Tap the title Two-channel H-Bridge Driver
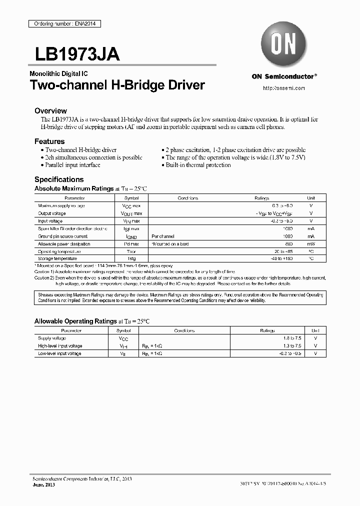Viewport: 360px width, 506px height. coord(117,85)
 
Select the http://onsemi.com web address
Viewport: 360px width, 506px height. coord(283,88)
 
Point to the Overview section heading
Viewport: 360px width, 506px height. coord(50,110)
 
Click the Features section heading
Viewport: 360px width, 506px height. coord(49,141)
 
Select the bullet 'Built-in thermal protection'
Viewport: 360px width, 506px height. coord(198,165)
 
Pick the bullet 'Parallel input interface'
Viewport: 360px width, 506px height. coord(72,165)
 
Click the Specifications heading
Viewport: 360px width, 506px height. coord(59,179)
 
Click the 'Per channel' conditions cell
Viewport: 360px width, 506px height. coord(162,236)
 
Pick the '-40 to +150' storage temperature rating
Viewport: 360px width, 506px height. coord(281,259)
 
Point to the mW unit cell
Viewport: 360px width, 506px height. coord(310,244)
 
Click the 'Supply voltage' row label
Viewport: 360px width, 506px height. coord(52,338)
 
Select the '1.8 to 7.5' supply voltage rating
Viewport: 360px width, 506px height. coord(292,338)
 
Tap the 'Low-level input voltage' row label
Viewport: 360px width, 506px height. coord(59,353)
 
